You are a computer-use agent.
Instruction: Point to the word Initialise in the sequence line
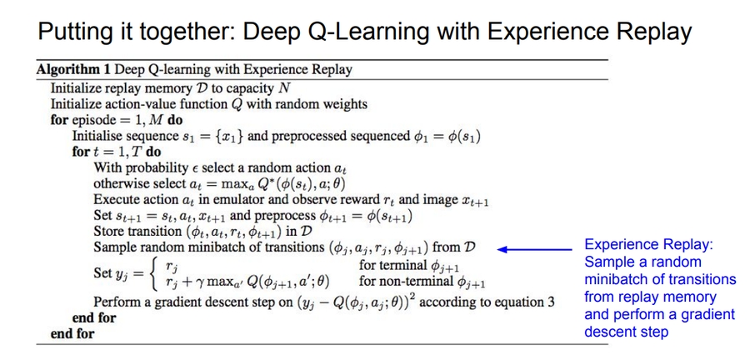[x=101, y=136]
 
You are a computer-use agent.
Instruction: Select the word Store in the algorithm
[x=109, y=232]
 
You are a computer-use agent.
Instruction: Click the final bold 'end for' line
[x=72, y=333]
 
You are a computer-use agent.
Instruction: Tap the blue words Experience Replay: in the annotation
[x=648, y=245]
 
